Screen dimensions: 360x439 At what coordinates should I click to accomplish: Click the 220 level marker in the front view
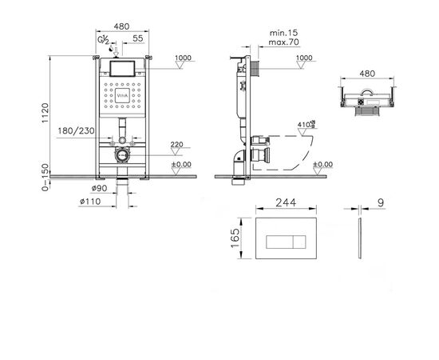(177, 145)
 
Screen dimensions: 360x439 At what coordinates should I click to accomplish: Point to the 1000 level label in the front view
(183, 59)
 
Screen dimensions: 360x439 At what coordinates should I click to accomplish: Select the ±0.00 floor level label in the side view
(322, 164)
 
